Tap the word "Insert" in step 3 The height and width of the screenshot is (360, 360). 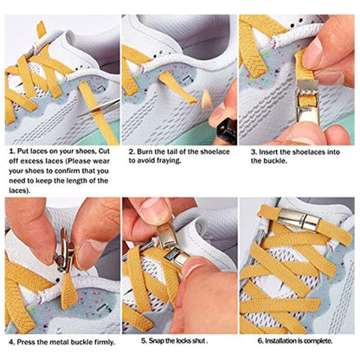coord(265,151)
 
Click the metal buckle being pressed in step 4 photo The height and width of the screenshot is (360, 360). coord(61,251)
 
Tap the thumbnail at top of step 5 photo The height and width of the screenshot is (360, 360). coord(157,208)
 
